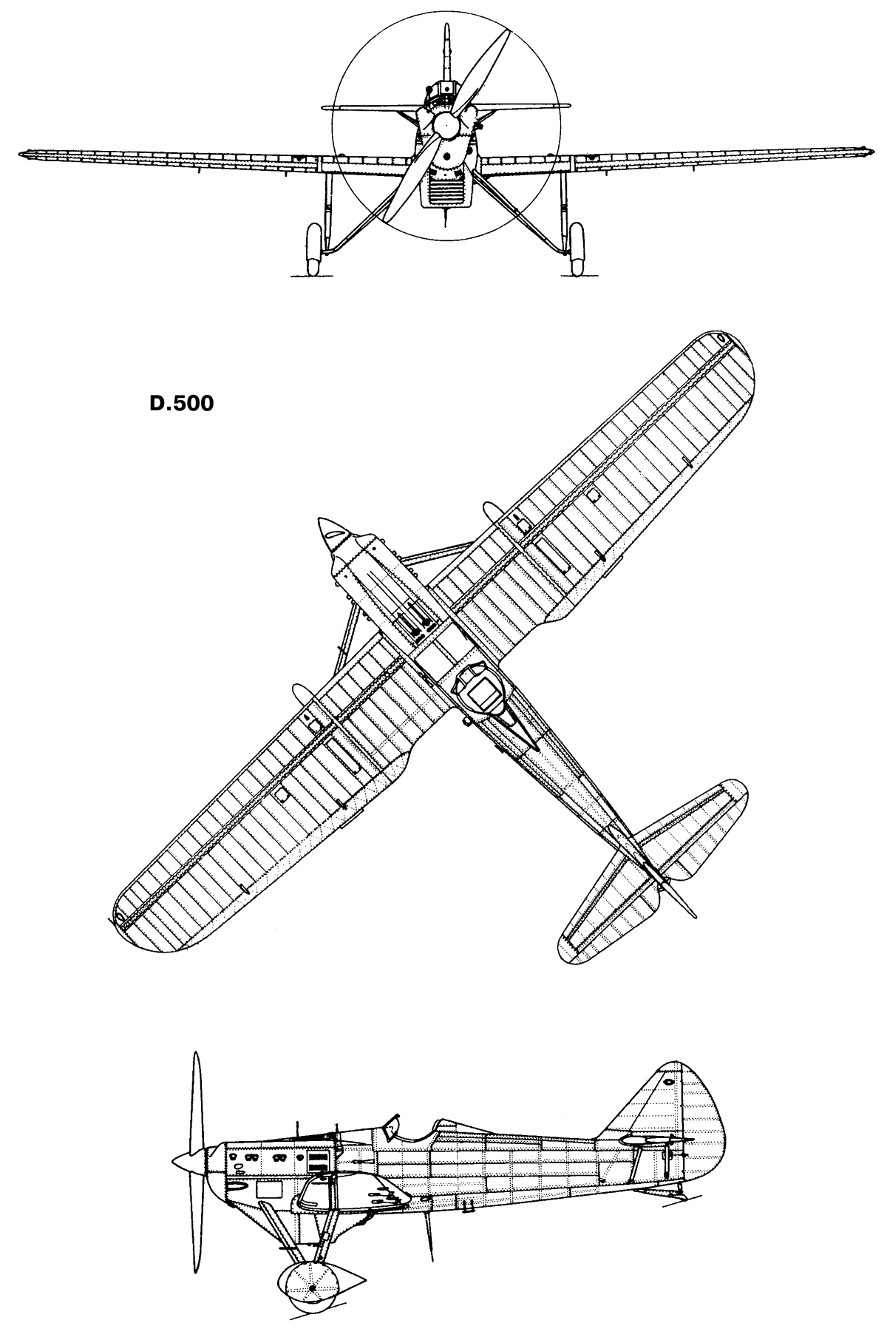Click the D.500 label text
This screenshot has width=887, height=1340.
(182, 404)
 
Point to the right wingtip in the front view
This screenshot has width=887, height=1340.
(862, 148)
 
